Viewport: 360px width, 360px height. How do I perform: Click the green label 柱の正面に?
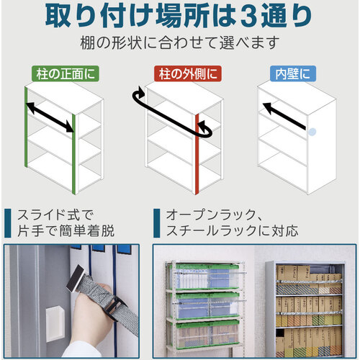(x=66, y=73)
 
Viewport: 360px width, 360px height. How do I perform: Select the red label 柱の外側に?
(x=188, y=73)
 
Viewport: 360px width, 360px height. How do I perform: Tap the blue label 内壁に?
(x=293, y=73)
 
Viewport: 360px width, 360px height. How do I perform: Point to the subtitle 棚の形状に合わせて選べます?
(x=180, y=43)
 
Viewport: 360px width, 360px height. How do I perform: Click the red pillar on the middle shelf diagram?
(x=197, y=154)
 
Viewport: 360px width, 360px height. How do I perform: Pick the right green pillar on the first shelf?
(x=74, y=154)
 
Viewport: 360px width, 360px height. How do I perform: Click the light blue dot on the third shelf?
(x=312, y=132)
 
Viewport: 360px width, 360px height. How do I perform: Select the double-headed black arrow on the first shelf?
(x=50, y=117)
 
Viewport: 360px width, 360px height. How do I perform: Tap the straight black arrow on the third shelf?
(x=284, y=116)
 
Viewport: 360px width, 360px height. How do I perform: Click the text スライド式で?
(x=55, y=215)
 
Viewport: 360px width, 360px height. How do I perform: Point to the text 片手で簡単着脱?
(x=66, y=231)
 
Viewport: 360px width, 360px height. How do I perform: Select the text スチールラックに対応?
(x=233, y=231)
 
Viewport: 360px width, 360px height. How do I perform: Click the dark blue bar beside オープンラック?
(x=157, y=223)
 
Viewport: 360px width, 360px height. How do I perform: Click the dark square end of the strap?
(x=75, y=279)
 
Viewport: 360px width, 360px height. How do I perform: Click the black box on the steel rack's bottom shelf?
(x=280, y=333)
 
